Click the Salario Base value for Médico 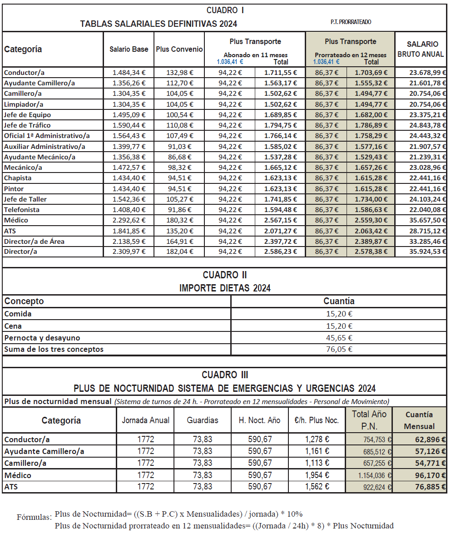pos(129,220)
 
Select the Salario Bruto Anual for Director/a pos(421,252)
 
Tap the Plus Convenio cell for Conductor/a pos(179,73)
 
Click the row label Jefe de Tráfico pos(27,125)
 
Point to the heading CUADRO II pos(225,275)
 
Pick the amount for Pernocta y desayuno pos(338,338)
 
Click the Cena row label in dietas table pos(13,326)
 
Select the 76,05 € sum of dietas pos(338,349)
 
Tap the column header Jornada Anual pos(145,420)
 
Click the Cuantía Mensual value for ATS pos(419,487)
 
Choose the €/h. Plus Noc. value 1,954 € pos(317,475)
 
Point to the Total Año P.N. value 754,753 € pos(368,439)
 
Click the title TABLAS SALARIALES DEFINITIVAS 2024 pos(159,24)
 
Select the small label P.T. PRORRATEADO pos(351,22)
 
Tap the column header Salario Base pos(129,49)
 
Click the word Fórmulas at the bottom pos(34,517)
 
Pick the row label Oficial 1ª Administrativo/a pos(47,136)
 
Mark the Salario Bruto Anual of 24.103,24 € pos(421,199)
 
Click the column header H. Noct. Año pos(259,420)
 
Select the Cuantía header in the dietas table pos(338,301)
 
